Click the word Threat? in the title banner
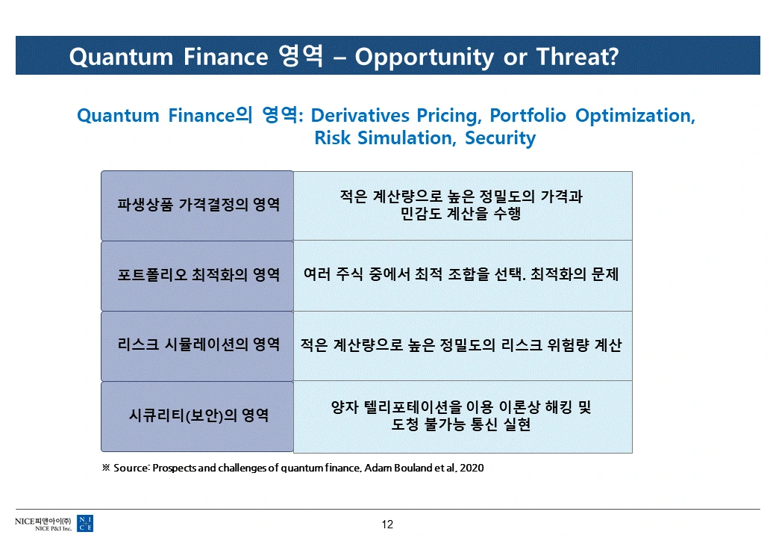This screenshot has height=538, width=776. tap(578, 57)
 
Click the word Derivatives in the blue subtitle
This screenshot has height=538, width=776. tap(360, 115)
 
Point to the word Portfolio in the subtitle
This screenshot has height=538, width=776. tap(528, 115)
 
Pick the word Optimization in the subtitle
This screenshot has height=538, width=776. tap(636, 116)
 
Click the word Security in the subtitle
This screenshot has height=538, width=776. tap(501, 138)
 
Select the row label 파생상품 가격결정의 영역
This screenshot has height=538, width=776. tap(198, 204)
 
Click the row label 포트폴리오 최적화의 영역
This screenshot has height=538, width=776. tap(198, 274)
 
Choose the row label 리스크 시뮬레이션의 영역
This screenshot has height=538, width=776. tap(198, 344)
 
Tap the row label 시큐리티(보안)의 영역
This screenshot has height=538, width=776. tap(199, 415)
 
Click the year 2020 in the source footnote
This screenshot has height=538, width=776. tap(472, 469)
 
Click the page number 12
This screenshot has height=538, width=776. tap(387, 525)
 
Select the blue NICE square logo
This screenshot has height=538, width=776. tap(85, 524)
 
